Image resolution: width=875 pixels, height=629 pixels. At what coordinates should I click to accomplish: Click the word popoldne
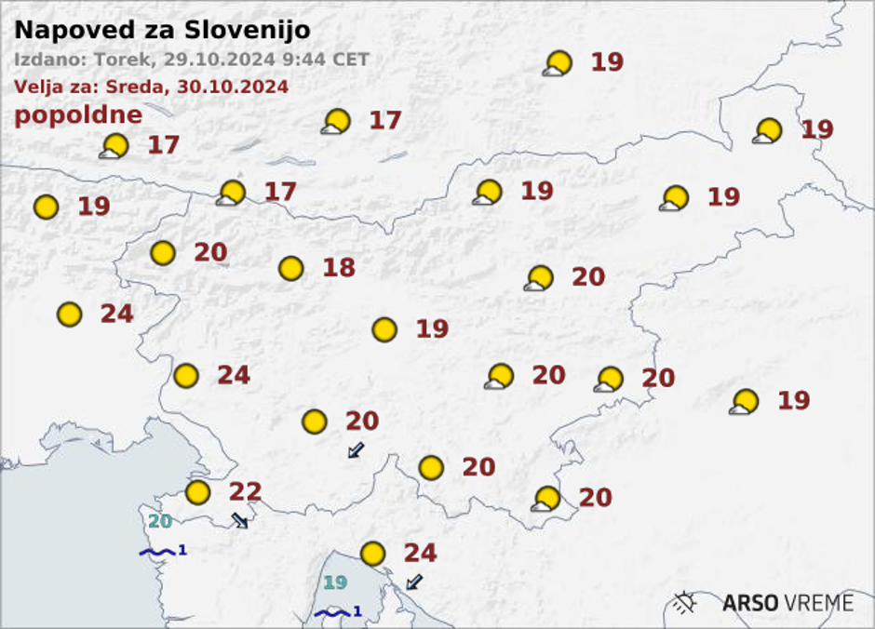click(x=78, y=115)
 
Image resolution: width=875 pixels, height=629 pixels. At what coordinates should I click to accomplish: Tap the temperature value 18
click(x=339, y=268)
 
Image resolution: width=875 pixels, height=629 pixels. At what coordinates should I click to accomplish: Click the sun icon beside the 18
click(x=291, y=269)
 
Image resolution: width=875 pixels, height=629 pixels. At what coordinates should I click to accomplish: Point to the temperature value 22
click(x=245, y=492)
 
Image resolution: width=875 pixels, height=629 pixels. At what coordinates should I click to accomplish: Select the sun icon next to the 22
click(x=197, y=492)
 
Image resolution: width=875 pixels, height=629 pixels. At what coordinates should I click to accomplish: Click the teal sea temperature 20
click(x=160, y=522)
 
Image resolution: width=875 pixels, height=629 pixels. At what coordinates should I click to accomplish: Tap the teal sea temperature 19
click(x=335, y=583)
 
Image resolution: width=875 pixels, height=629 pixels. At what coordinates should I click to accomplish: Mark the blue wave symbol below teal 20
click(x=156, y=552)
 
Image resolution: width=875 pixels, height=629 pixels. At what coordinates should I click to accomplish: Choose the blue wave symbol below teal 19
click(x=331, y=612)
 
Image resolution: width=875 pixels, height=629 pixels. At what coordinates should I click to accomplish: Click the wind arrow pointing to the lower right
click(x=240, y=520)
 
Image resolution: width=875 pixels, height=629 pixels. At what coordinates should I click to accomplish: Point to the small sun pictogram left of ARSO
click(x=686, y=603)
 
